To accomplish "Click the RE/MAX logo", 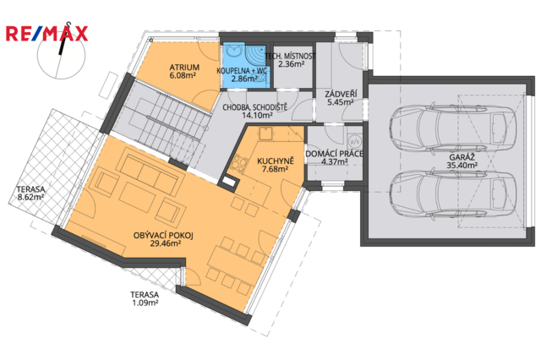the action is [x=47, y=34].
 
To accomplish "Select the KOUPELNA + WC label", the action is [x=242, y=71].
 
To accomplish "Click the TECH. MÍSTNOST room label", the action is [x=290, y=56].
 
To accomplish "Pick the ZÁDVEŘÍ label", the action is [x=341, y=94].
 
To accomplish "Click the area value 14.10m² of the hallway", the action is [x=257, y=116].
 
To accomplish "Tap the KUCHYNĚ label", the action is [x=276, y=161].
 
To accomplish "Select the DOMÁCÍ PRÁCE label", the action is [x=335, y=154].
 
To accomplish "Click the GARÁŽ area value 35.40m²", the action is [x=462, y=165].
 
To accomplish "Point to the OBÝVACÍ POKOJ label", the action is [x=163, y=236].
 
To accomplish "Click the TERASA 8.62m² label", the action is [x=30, y=194].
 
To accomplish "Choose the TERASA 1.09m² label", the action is [x=145, y=298].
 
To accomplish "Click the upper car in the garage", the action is [x=453, y=128].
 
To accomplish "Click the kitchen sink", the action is [x=265, y=134].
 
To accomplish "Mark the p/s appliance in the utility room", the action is [x=354, y=141].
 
